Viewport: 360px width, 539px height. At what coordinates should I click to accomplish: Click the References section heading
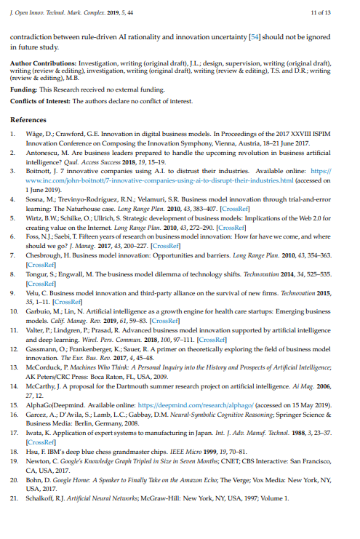click(30, 119)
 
